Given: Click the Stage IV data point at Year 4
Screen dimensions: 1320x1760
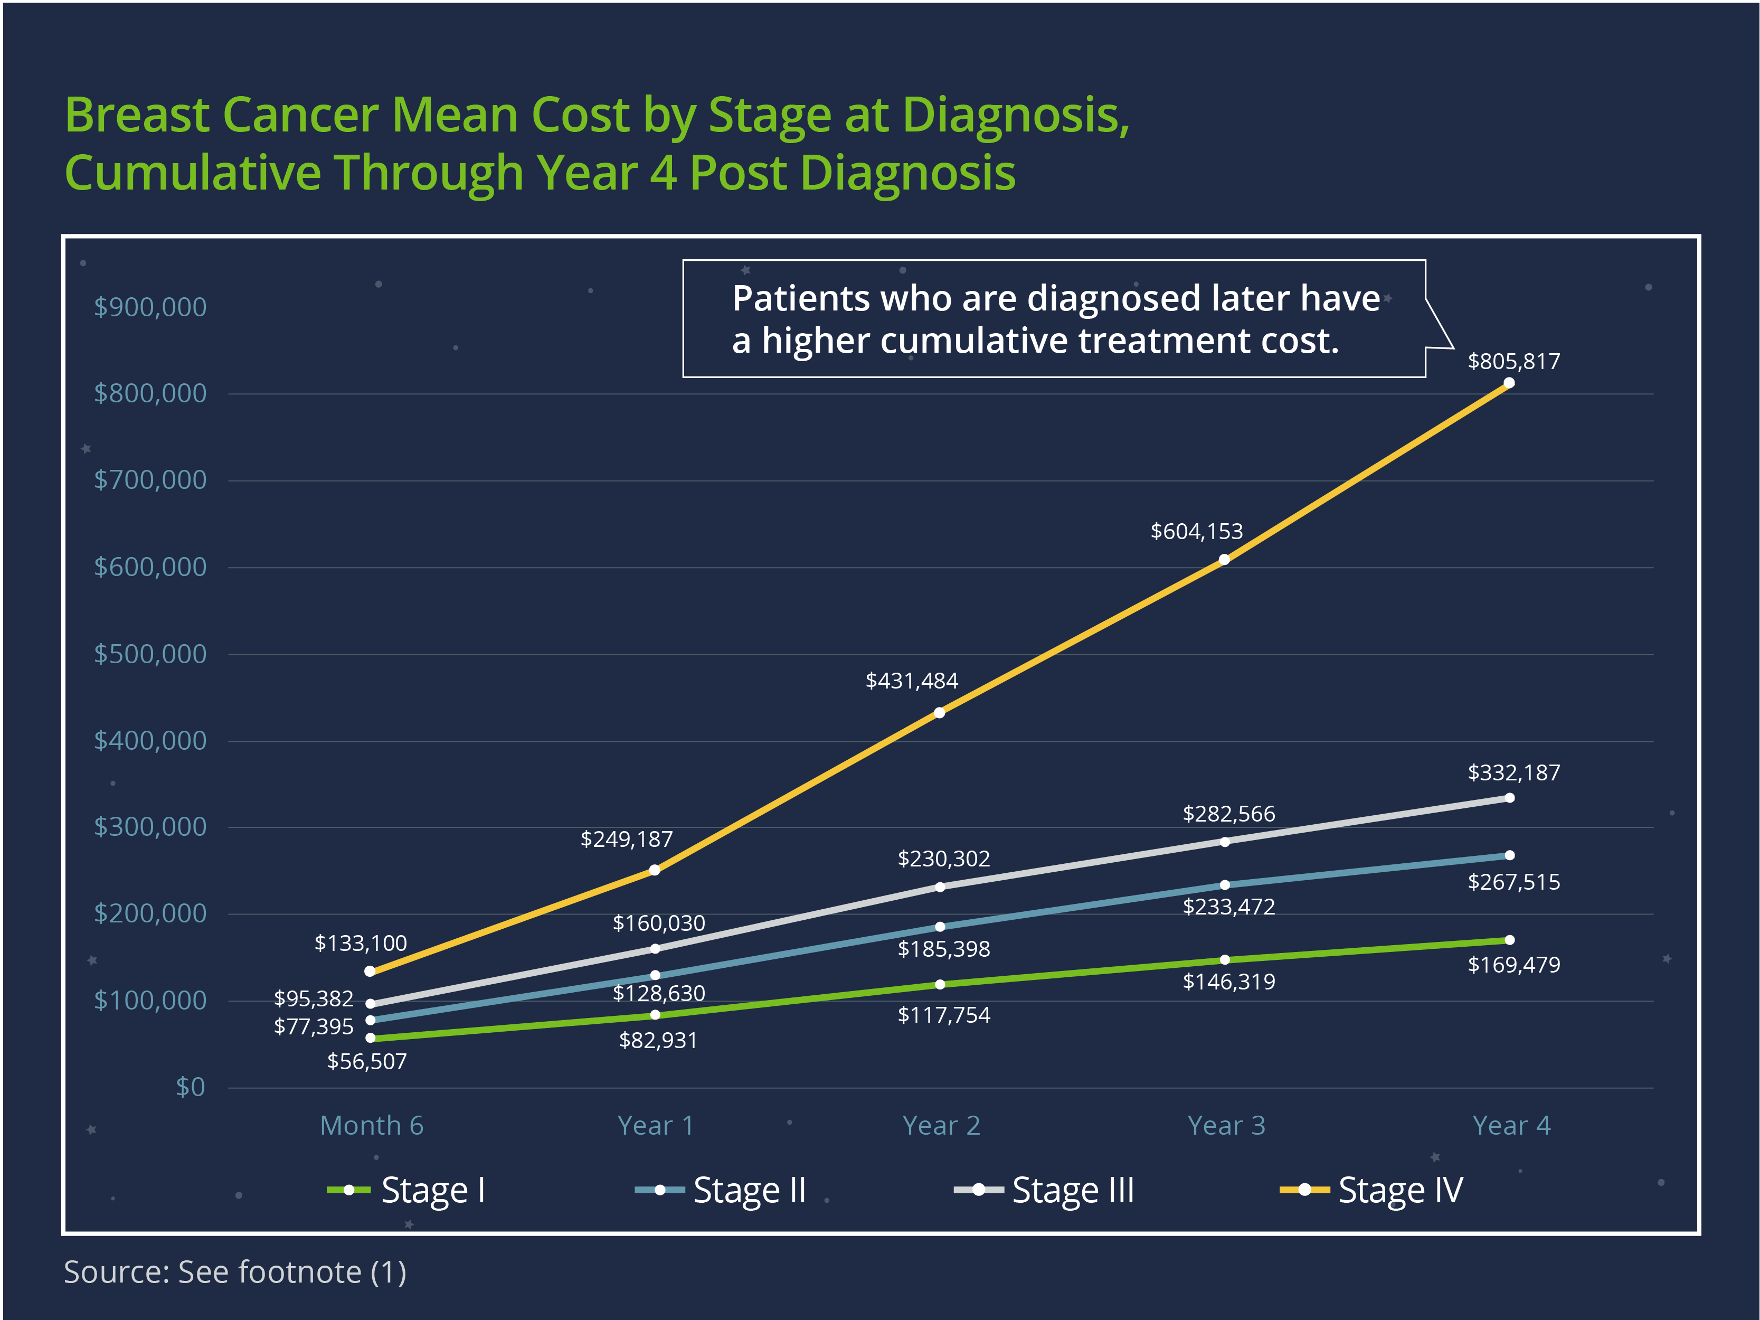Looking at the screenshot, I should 1509,383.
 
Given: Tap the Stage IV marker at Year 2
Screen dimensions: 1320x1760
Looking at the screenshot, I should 940,713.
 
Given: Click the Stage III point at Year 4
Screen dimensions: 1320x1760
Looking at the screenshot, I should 1509,798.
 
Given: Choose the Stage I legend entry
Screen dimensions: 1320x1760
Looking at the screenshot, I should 406,1190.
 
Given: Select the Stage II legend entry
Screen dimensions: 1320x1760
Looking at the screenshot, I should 721,1190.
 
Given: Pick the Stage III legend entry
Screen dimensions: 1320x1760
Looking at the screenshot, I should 1044,1190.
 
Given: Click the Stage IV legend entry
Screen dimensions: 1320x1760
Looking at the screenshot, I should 1371,1190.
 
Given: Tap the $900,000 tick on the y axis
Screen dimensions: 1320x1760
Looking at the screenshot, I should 150,307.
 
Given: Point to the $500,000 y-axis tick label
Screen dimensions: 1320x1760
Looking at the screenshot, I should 150,654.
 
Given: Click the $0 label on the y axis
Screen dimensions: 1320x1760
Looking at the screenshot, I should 190,1087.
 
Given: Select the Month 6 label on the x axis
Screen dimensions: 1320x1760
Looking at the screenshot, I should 372,1126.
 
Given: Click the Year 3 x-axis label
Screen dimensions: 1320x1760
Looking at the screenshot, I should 1226,1126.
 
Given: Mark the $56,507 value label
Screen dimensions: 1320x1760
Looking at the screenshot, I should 367,1061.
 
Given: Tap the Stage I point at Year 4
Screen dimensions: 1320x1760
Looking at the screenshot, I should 1509,940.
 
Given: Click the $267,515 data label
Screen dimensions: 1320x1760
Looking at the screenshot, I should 1513,882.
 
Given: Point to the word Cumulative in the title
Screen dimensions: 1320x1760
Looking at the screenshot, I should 193,173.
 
